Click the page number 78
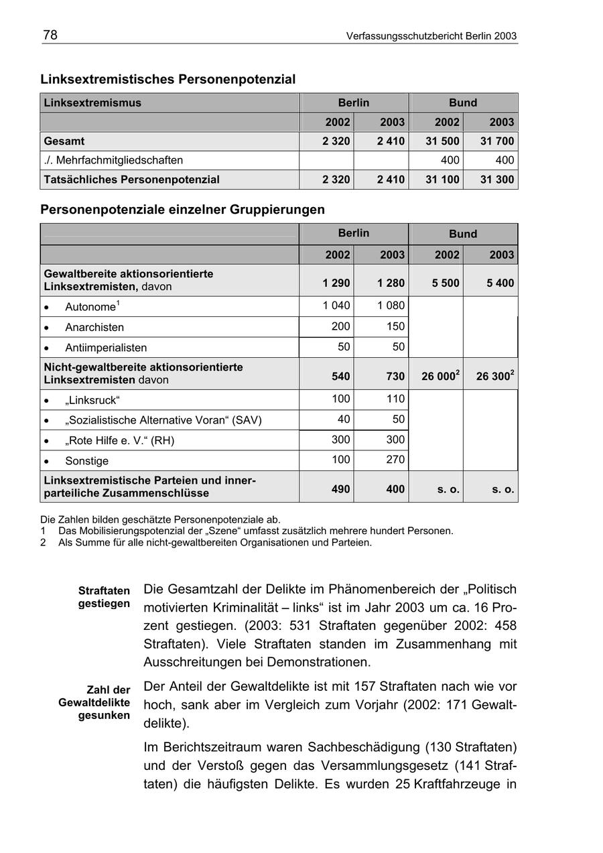[x=50, y=35]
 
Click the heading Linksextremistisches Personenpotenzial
[x=167, y=79]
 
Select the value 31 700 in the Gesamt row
[x=496, y=141]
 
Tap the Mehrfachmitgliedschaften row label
[x=113, y=160]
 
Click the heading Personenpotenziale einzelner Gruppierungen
[x=182, y=209]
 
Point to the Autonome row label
[x=90, y=307]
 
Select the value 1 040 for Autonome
[x=336, y=306]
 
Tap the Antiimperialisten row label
[x=106, y=347]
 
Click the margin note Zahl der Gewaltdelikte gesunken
[x=94, y=702]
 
